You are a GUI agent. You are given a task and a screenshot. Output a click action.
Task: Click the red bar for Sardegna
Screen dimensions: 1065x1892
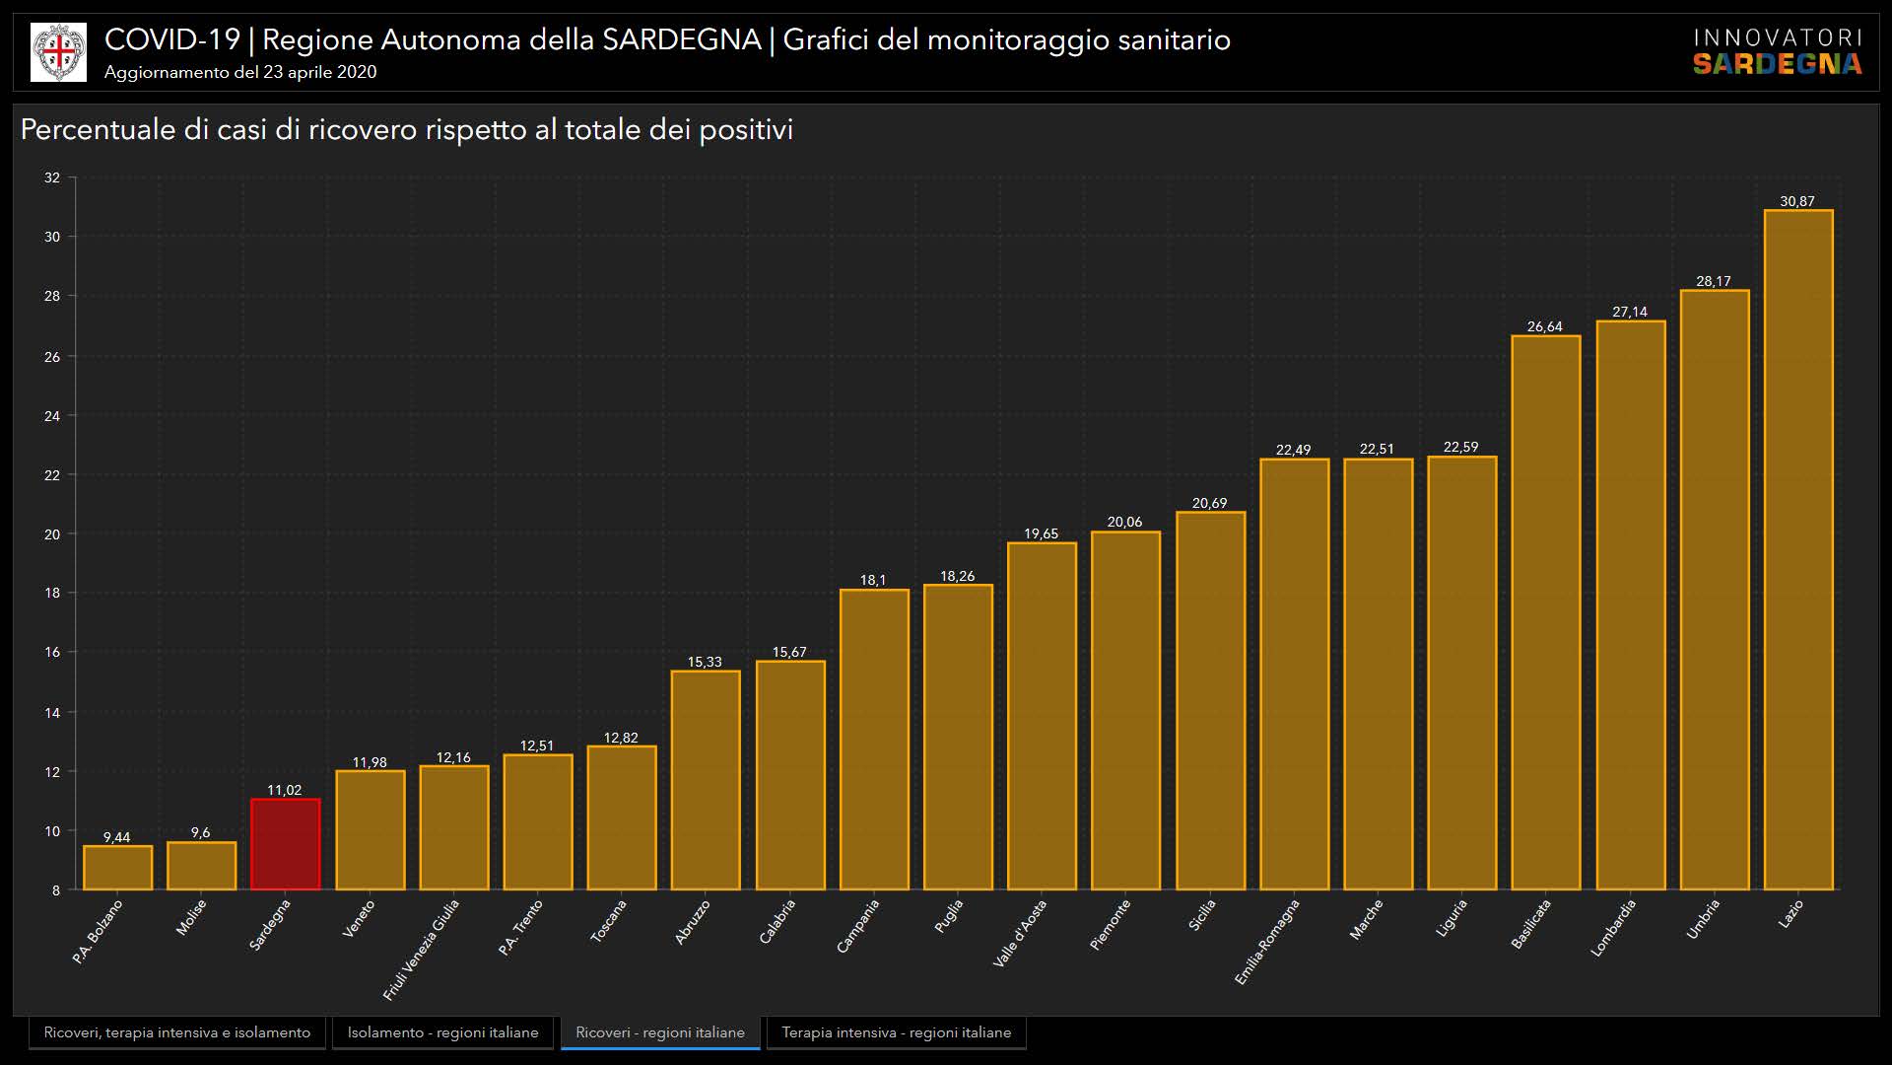click(x=285, y=844)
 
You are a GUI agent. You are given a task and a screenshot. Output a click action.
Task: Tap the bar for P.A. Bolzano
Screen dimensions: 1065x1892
click(x=117, y=868)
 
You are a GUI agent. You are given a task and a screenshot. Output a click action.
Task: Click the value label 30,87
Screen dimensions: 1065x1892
click(x=1796, y=201)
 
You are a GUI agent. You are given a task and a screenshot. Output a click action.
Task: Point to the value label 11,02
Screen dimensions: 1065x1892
click(x=284, y=790)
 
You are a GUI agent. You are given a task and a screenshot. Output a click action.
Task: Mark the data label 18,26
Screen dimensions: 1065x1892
click(x=957, y=576)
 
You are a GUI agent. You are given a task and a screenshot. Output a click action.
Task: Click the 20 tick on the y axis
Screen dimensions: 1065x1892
click(x=52, y=534)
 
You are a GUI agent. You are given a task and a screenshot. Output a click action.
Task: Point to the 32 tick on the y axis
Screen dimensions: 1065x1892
click(x=52, y=178)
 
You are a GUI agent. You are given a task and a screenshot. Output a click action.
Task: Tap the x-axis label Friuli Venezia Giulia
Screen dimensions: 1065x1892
click(x=422, y=949)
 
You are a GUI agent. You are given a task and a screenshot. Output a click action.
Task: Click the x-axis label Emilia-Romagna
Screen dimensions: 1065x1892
click(x=1267, y=941)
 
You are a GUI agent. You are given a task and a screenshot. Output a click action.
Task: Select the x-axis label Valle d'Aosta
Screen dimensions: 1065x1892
click(x=1020, y=933)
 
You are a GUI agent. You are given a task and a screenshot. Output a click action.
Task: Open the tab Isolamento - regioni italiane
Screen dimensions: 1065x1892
click(x=442, y=1032)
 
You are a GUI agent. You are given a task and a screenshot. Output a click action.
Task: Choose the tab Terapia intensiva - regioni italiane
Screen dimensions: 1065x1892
click(x=896, y=1032)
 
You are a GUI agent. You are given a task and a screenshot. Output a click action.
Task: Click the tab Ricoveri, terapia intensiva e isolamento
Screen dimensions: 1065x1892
click(x=176, y=1032)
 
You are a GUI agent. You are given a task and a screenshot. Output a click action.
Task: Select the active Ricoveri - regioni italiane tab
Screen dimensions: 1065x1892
click(x=660, y=1032)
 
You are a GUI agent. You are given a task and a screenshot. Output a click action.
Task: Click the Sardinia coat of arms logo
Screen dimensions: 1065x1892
click(x=58, y=52)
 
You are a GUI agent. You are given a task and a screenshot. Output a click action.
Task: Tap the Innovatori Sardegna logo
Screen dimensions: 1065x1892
click(x=1777, y=51)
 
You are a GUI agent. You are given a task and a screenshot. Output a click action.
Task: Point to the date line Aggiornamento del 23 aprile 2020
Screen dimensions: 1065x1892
click(x=240, y=72)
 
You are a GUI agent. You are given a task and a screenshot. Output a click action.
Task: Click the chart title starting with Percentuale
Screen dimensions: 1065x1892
click(x=406, y=130)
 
